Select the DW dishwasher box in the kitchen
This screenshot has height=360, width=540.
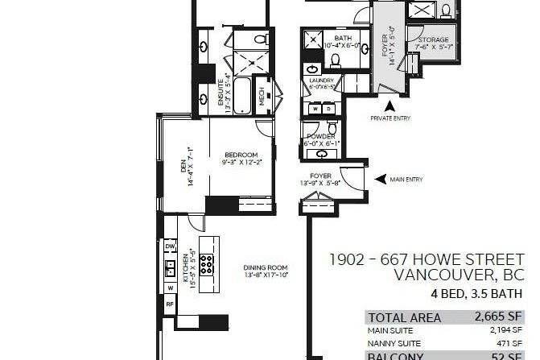(171, 246)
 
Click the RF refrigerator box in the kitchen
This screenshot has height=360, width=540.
(170, 304)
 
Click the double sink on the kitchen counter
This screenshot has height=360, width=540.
(170, 267)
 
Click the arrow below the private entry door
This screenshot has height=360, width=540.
(390, 105)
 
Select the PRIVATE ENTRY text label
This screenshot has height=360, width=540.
(390, 118)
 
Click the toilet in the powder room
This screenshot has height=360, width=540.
(332, 128)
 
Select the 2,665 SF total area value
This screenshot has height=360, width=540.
(500, 317)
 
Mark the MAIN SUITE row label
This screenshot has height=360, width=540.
(390, 330)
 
